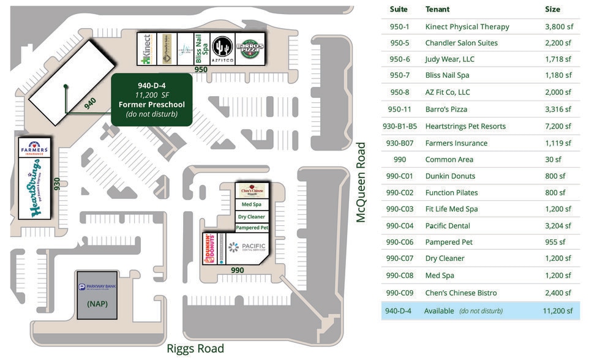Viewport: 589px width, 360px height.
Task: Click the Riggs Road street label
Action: tap(195, 349)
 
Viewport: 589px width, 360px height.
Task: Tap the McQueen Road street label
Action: tap(362, 182)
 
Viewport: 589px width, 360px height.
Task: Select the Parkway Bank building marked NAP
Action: tap(97, 294)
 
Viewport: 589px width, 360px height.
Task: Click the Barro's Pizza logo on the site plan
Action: tap(250, 49)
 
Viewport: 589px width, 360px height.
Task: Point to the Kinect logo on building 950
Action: tap(146, 49)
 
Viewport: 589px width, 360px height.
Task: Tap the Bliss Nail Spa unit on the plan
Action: tap(201, 49)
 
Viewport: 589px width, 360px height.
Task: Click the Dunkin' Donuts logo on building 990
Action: tap(210, 248)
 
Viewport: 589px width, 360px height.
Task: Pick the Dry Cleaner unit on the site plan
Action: tap(252, 216)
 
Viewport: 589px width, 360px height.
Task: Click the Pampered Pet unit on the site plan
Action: tap(252, 228)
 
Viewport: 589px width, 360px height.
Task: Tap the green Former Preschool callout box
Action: tap(152, 99)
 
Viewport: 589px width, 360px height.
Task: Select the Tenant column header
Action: tap(437, 9)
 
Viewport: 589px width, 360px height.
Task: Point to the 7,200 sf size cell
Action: tap(558, 126)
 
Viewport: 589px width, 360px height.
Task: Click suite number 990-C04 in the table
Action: tap(399, 226)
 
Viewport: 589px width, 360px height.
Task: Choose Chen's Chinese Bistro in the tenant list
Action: tap(461, 293)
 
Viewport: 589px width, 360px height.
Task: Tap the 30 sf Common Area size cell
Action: tap(558, 159)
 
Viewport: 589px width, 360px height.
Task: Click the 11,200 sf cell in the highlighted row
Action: tap(558, 310)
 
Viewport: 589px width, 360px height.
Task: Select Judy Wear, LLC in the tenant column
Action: tap(450, 59)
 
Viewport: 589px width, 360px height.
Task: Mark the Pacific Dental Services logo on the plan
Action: tap(247, 247)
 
